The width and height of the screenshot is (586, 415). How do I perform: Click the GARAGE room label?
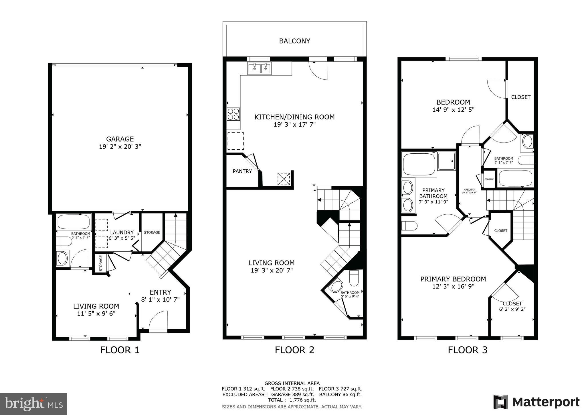coord(120,139)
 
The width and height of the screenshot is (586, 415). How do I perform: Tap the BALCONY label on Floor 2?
coord(294,41)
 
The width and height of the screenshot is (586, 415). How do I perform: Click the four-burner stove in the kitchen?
coord(233,114)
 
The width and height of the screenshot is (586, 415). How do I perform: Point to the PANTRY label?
coord(242,171)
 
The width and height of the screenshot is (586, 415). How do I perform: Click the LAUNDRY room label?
coord(122,232)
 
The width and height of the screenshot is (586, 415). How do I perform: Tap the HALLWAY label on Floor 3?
coord(469,189)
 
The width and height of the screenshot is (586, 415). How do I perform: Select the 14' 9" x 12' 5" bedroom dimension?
coord(453,109)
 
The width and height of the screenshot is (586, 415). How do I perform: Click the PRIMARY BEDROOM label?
coord(453,279)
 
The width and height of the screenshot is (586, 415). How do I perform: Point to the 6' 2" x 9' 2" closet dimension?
coord(512,309)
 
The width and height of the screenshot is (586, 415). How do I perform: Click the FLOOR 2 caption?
coord(294,350)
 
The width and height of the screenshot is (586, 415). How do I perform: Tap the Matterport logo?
coord(536,402)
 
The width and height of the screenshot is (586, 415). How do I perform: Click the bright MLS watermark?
coord(34,404)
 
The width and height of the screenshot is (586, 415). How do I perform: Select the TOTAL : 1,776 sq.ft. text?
coord(292,400)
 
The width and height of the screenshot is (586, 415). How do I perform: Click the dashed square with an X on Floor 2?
coord(284,179)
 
